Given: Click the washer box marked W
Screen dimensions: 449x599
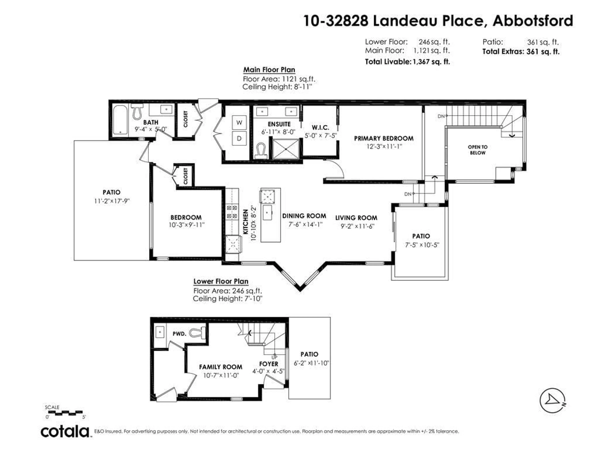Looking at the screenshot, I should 239,123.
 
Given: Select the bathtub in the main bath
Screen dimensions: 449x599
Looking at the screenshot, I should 120,120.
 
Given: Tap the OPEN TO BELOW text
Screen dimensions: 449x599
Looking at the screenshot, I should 477,150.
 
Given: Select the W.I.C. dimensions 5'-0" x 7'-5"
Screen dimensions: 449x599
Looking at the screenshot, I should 320,136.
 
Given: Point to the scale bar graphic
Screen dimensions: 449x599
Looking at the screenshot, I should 65,413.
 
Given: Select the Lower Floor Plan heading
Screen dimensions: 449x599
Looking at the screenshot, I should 221,281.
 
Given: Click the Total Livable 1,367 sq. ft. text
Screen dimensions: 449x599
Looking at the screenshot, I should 407,62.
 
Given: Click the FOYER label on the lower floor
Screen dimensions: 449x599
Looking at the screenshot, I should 269,364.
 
